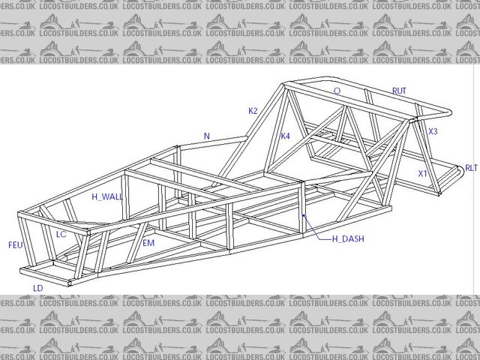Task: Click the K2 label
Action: coord(253,111)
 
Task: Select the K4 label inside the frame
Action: coord(285,136)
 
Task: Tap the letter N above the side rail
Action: coord(207,136)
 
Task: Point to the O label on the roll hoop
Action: coord(337,91)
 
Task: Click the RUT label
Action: coord(399,91)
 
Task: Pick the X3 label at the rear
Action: coord(433,131)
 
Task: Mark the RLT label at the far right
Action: coord(470,168)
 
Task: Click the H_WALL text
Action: coord(106,196)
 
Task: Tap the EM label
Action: coord(148,244)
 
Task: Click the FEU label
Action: coord(16,244)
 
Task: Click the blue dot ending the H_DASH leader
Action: coord(303,216)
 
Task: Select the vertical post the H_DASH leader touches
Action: coord(302,202)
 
